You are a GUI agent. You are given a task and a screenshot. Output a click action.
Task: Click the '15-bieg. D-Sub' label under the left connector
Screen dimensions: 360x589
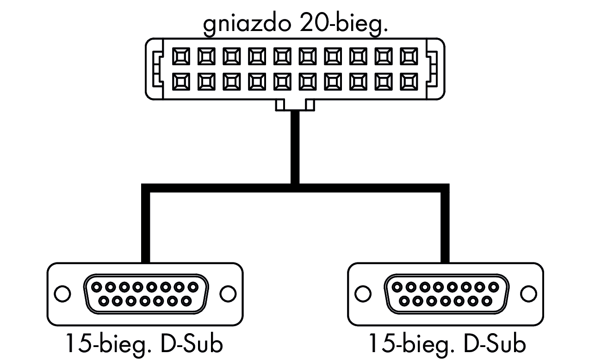[144, 344]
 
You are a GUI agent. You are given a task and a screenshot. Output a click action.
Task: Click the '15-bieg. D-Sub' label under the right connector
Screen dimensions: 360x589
[447, 344]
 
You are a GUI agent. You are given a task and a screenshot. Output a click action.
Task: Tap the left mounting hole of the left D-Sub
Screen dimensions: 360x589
[62, 293]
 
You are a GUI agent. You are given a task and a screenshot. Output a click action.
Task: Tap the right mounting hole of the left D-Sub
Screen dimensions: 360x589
[228, 293]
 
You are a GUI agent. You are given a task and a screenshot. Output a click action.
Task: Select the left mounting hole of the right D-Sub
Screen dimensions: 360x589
[363, 293]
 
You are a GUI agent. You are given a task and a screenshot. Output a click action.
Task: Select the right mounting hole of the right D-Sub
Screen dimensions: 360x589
[528, 293]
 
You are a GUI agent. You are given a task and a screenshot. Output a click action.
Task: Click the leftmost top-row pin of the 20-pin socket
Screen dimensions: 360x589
[180, 57]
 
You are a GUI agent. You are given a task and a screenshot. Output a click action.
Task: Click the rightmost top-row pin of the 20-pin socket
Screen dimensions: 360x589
[409, 57]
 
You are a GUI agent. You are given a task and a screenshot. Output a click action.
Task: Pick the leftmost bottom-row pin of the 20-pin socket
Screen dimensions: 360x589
[180, 81]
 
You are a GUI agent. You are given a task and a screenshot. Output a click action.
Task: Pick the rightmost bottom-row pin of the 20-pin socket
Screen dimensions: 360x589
[409, 81]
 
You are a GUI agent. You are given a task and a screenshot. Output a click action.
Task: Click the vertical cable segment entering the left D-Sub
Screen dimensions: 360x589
[146, 227]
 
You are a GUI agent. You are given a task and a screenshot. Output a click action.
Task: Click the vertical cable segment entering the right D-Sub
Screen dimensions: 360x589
[445, 227]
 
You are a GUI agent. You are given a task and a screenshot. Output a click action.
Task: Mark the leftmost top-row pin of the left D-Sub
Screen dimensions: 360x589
[95, 286]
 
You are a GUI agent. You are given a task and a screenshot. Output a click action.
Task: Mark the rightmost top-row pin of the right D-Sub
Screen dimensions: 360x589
[494, 286]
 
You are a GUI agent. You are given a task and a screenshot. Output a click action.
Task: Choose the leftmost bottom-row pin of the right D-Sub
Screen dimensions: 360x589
[404, 301]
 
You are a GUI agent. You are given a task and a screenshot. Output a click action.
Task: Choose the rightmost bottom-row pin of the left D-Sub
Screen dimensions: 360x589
[186, 301]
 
